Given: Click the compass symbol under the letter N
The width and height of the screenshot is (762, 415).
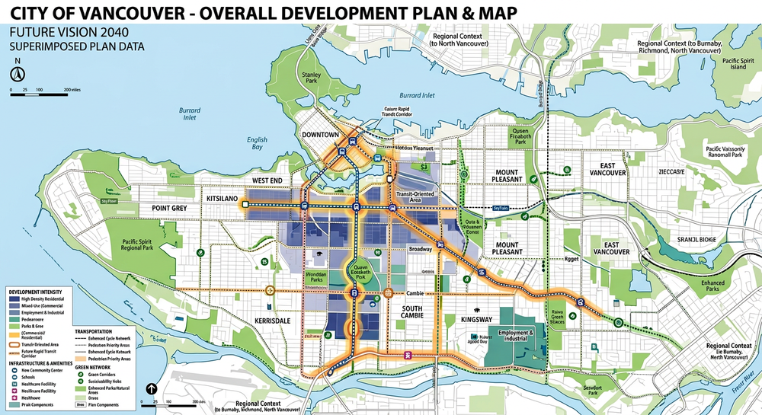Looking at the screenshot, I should (x=16, y=74).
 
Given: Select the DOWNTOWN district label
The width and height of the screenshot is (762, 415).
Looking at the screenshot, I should (x=321, y=134).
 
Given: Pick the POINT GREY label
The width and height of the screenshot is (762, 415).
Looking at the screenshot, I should (x=170, y=208).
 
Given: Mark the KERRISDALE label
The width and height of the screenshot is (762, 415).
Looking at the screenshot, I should (x=274, y=321).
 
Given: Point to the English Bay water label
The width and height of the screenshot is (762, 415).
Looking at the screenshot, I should (x=257, y=143).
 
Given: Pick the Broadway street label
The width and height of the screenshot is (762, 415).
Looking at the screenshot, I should (x=421, y=249).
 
